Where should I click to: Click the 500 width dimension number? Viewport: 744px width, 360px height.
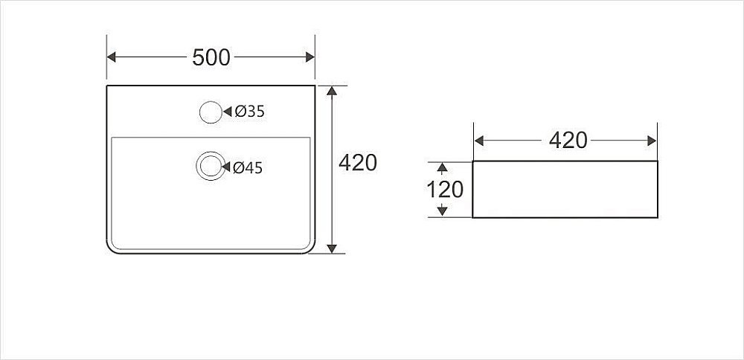click(x=211, y=57)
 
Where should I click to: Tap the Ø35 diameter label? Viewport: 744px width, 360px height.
click(x=249, y=112)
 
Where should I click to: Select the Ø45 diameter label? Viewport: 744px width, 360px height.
click(x=248, y=168)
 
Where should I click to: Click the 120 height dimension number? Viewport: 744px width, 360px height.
click(x=445, y=190)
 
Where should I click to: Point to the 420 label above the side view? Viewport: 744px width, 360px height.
click(x=568, y=141)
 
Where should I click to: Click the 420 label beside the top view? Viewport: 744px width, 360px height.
click(x=359, y=163)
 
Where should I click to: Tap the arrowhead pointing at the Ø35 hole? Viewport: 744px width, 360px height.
click(x=227, y=112)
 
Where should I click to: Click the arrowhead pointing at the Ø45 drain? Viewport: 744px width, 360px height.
click(x=226, y=167)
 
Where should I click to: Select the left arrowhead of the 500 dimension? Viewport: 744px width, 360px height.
click(x=112, y=57)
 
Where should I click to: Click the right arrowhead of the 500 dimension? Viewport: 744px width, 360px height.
click(x=310, y=57)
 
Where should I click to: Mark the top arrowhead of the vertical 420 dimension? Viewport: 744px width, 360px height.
click(x=332, y=91)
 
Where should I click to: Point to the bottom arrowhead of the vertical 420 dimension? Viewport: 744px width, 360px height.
click(x=332, y=249)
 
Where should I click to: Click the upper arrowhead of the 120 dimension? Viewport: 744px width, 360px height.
click(x=442, y=167)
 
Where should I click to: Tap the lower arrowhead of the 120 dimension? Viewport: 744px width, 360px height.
click(x=442, y=211)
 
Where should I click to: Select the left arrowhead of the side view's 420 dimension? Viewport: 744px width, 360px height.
click(x=479, y=141)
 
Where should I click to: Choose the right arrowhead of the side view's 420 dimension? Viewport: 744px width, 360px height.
click(x=652, y=141)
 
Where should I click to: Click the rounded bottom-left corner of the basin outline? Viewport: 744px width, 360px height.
click(x=111, y=249)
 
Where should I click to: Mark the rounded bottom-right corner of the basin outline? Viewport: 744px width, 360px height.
click(x=311, y=249)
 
